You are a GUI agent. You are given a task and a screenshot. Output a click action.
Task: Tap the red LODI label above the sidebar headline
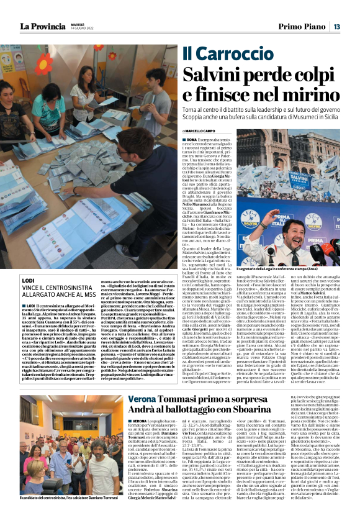tap(27, 281)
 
